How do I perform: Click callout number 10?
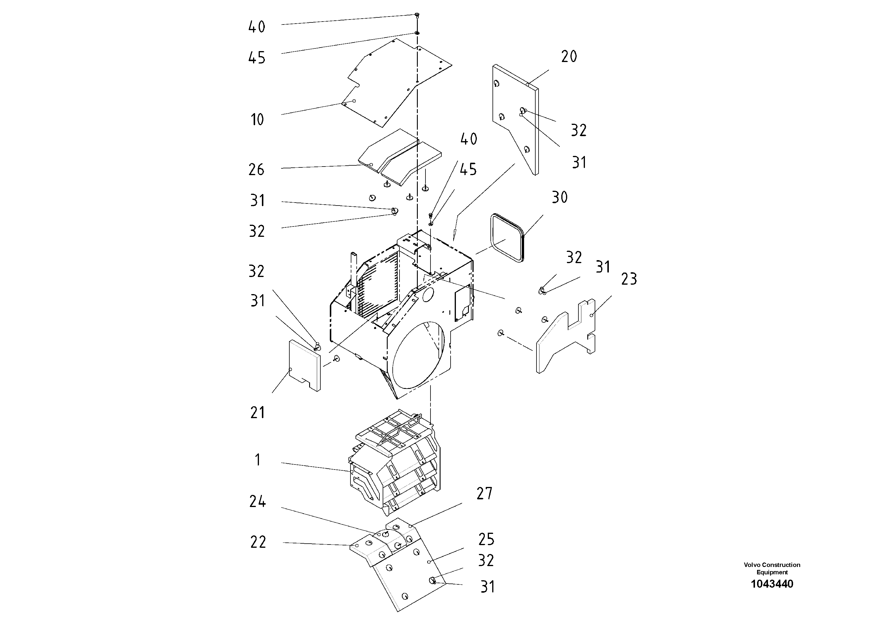pos(257,120)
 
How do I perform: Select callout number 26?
pos(256,169)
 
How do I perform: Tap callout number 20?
pos(569,57)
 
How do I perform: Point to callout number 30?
pos(559,198)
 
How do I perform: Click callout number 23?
pos(629,279)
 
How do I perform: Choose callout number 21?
pos(257,413)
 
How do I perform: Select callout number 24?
pos(257,501)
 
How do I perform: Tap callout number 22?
pos(258,542)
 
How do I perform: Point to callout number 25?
pos(486,539)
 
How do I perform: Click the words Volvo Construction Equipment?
pos(772,568)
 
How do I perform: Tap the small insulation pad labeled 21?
pos(304,366)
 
